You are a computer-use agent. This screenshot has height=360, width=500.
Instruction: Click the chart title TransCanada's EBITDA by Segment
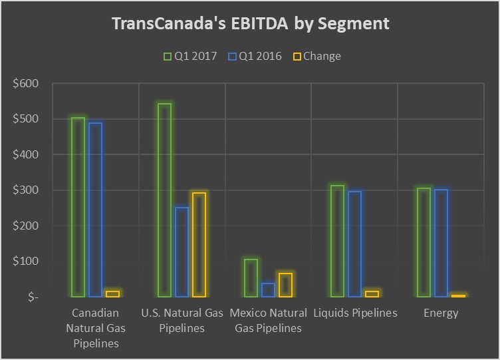(250, 24)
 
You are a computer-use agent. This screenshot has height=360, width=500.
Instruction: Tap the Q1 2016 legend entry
(253, 56)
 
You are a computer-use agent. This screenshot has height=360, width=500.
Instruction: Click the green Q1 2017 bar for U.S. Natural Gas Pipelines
(164, 200)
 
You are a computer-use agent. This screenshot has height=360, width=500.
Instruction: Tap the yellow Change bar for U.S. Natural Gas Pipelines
(199, 244)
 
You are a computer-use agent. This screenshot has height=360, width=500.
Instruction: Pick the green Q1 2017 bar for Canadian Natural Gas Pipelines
(78, 207)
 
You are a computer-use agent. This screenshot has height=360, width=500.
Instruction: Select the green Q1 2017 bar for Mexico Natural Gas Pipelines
(251, 277)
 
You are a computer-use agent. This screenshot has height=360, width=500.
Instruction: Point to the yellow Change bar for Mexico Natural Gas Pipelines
(285, 285)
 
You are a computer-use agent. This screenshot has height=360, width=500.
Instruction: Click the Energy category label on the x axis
(441, 313)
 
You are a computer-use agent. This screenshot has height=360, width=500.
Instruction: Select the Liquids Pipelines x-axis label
(354, 313)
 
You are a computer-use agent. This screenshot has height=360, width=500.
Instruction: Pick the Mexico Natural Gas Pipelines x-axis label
(268, 320)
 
